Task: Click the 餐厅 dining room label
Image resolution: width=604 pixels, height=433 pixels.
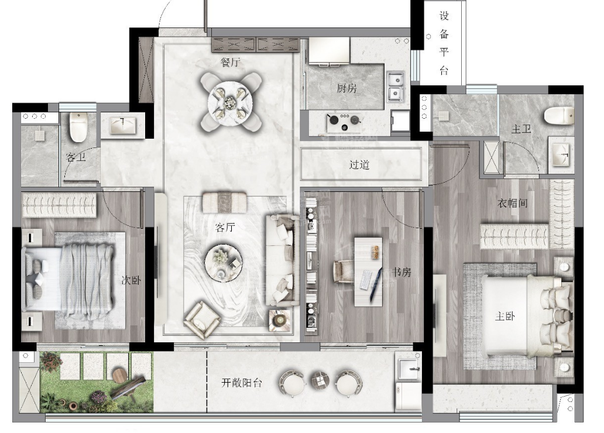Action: tap(230, 61)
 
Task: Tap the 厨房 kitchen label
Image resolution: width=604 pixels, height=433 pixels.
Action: tap(346, 88)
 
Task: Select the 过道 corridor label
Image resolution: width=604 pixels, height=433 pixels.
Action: tap(359, 164)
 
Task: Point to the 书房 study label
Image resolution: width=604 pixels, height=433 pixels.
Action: tap(401, 272)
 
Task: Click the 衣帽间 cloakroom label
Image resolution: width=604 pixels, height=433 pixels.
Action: tap(512, 203)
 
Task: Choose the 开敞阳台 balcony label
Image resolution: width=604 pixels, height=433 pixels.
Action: tap(242, 383)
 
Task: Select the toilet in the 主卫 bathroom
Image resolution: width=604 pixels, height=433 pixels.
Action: tap(559, 115)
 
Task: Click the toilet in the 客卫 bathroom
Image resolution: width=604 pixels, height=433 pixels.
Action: tap(78, 127)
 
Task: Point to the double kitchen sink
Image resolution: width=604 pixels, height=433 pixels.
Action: tap(395, 87)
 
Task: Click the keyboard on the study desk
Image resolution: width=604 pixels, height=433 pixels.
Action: tap(366, 280)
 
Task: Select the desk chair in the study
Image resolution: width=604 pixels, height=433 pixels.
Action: tap(343, 272)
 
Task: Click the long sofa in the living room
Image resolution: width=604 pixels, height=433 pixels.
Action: tap(281, 260)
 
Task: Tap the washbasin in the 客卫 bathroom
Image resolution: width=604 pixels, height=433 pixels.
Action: tap(123, 126)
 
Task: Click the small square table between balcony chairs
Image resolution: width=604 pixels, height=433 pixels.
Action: tap(320, 380)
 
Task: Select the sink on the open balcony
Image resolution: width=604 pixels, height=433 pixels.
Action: tap(409, 368)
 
